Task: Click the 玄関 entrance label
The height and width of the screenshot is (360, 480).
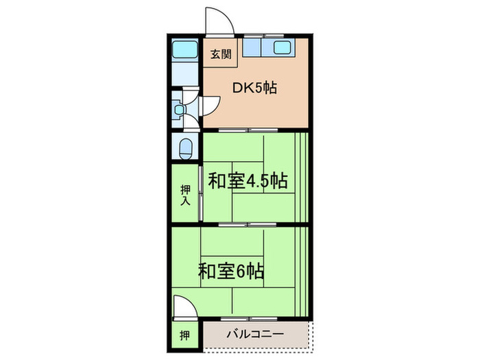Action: pyautogui.click(x=220, y=56)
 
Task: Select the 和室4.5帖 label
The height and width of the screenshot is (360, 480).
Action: pyautogui.click(x=248, y=182)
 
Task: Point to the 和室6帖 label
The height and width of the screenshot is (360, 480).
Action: pyautogui.click(x=232, y=270)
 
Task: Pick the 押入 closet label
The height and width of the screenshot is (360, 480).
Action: pyautogui.click(x=185, y=195)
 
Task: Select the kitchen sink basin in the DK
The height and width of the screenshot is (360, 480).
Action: pyautogui.click(x=283, y=49)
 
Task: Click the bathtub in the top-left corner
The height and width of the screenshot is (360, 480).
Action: pyautogui.click(x=184, y=49)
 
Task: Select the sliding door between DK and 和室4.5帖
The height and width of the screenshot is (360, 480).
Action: pyautogui.click(x=250, y=130)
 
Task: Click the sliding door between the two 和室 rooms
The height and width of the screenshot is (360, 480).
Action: pyautogui.click(x=250, y=224)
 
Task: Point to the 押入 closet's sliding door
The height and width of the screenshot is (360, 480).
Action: pyautogui.click(x=200, y=195)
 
